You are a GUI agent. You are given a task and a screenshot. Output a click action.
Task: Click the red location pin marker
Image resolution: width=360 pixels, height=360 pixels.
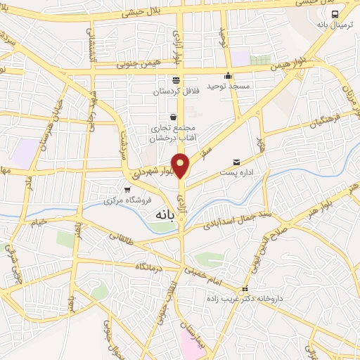pyautogui.click(x=181, y=166)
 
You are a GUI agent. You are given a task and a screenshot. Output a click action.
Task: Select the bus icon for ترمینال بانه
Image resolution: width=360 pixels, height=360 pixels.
pyautogui.click(x=335, y=13)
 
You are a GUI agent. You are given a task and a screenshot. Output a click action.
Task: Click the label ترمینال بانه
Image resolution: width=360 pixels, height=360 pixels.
pyautogui.click(x=334, y=25)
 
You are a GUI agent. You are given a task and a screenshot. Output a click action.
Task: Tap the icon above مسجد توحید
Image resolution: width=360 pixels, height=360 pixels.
pyautogui.click(x=228, y=77)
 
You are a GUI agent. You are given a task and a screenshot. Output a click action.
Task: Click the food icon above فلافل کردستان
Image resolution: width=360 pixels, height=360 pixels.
pyautogui.click(x=176, y=79)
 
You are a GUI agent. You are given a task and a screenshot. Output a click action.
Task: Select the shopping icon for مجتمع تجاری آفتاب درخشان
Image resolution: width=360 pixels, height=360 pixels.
pyautogui.click(x=174, y=117)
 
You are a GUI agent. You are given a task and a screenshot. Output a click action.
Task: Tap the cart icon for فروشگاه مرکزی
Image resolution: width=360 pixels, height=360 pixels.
pyautogui.click(x=127, y=189)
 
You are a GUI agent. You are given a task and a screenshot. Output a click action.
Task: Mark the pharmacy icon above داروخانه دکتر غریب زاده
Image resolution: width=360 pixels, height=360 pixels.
pyautogui.click(x=245, y=289)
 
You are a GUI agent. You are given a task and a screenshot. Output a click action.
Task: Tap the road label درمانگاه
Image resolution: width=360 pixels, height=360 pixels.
pyautogui.click(x=150, y=266)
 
